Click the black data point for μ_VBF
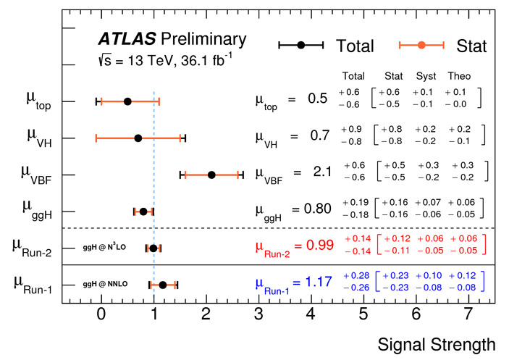click(211, 175)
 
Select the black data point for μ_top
click(127, 101)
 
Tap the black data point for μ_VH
click(138, 138)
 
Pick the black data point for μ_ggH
click(143, 212)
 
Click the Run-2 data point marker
click(153, 248)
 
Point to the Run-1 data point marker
click(163, 285)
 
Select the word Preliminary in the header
click(204, 38)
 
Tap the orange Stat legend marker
click(421, 45)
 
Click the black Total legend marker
click(301, 45)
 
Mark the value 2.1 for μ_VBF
click(322, 172)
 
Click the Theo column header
click(459, 76)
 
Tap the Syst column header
click(425, 76)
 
